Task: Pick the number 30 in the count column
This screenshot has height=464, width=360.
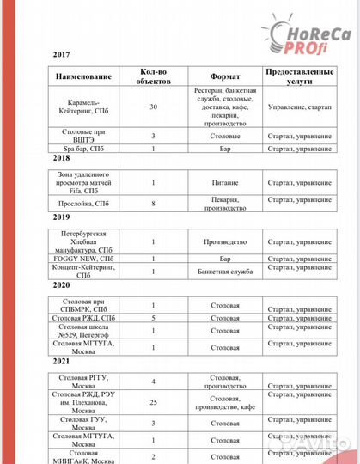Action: click(153, 107)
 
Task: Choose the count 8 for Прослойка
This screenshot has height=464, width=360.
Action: click(153, 205)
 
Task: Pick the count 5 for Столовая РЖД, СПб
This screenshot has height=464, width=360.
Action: click(153, 319)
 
